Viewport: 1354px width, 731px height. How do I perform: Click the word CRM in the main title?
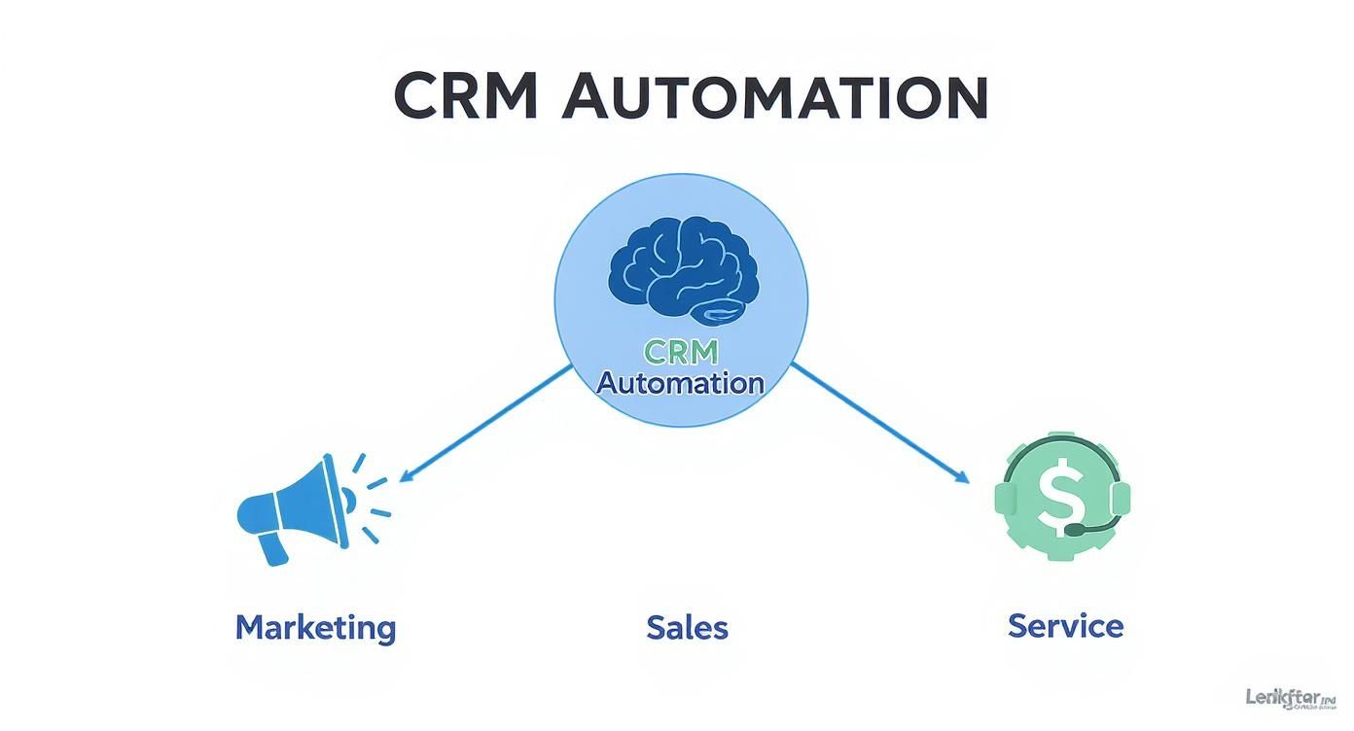(x=465, y=96)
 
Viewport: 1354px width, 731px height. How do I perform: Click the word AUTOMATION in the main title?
(x=775, y=96)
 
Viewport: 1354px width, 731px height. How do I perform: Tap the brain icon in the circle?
(x=678, y=269)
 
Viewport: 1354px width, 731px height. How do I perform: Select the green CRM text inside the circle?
(x=679, y=351)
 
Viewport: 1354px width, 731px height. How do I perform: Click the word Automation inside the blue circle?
(x=679, y=383)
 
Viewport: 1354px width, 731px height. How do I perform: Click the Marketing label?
(x=315, y=627)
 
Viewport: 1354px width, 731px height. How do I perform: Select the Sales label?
(x=687, y=627)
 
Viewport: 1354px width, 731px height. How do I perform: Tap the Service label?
(x=1065, y=625)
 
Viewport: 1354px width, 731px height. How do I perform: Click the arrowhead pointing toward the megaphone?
(x=407, y=476)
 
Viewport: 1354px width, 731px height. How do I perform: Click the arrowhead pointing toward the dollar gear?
(x=962, y=477)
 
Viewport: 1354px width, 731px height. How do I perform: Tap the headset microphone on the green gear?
(x=1076, y=531)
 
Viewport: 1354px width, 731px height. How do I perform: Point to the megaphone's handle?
(x=272, y=548)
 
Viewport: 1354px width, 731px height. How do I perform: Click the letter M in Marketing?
(x=251, y=627)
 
